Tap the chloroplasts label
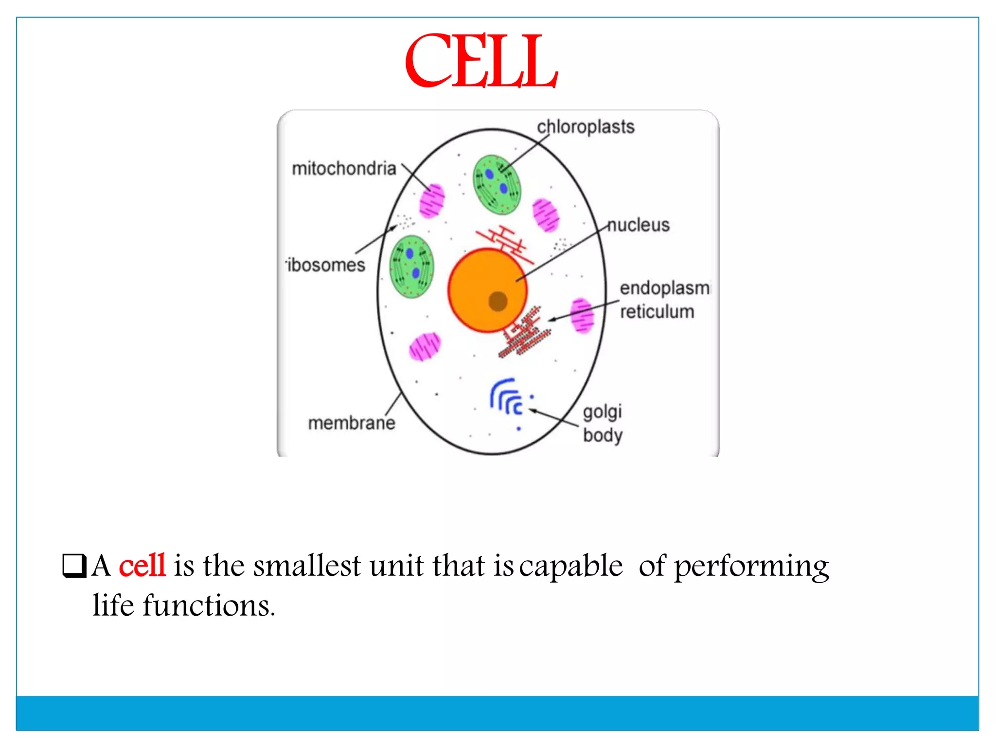585,127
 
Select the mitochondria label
344,169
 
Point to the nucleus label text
639,225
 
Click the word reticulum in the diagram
657,312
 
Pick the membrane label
352,423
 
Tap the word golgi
602,412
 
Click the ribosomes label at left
326,265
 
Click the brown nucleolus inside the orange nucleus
498,301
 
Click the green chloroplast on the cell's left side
411,267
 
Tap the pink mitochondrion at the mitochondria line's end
432,200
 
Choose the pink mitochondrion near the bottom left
425,347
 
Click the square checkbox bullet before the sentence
74,566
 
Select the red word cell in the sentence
142,566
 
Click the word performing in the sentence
751,567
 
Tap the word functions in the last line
209,606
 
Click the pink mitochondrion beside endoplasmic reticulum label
582,316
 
